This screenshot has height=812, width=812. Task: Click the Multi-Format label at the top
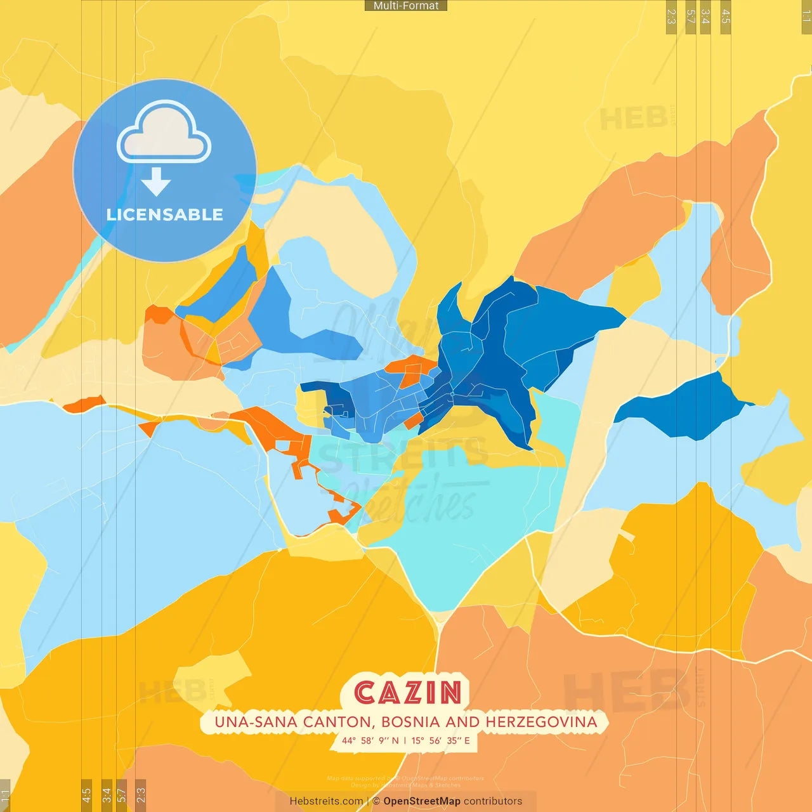(x=406, y=6)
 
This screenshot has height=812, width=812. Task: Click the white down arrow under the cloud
(x=156, y=182)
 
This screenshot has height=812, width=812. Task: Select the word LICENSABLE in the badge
(x=164, y=215)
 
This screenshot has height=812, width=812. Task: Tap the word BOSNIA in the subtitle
(x=411, y=722)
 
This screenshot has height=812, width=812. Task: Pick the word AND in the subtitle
(x=462, y=722)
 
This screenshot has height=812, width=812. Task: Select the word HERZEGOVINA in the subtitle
(x=541, y=722)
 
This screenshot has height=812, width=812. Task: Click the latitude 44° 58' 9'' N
(x=370, y=740)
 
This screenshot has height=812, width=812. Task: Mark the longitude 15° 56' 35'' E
(x=441, y=740)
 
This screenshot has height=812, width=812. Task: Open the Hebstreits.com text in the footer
(x=326, y=801)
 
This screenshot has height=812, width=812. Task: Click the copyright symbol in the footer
(x=376, y=801)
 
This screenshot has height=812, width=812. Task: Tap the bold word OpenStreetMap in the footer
(x=422, y=801)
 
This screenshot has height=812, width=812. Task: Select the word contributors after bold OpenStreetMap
(x=493, y=801)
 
